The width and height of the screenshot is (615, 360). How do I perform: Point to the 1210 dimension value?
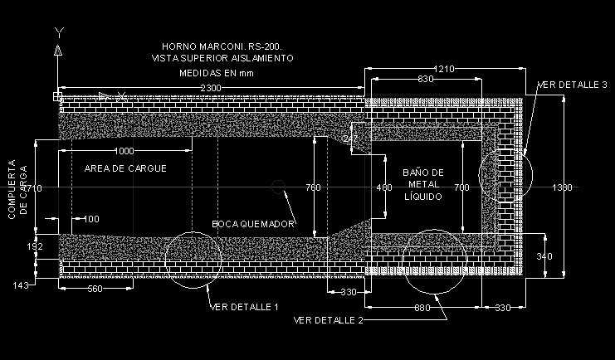pyautogui.click(x=443, y=69)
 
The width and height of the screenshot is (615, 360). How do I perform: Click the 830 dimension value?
pyautogui.click(x=427, y=79)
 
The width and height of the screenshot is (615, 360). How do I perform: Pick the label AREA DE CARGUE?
pyautogui.click(x=125, y=168)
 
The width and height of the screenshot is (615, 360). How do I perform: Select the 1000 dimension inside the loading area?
pyautogui.click(x=124, y=151)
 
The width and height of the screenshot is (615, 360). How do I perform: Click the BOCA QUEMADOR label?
pyautogui.click(x=253, y=224)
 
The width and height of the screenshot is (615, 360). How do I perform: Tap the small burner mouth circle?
pyautogui.click(x=279, y=188)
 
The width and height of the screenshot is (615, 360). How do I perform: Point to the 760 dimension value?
pyautogui.click(x=312, y=188)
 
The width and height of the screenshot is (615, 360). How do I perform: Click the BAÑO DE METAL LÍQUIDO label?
pyautogui.click(x=423, y=184)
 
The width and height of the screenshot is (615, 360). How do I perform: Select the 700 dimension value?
pyautogui.click(x=461, y=188)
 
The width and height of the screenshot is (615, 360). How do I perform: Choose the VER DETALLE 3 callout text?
pyautogui.click(x=574, y=85)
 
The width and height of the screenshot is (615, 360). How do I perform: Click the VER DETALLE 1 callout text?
pyautogui.click(x=244, y=307)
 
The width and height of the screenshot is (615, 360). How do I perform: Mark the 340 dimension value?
pyautogui.click(x=543, y=256)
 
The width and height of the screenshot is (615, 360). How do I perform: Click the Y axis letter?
pyautogui.click(x=58, y=32)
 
